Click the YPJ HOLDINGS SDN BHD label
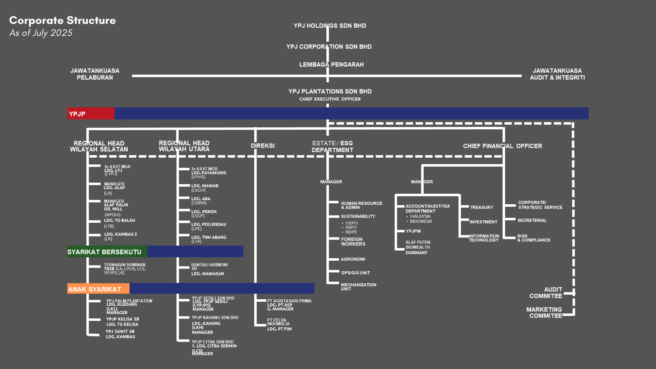click(330, 26)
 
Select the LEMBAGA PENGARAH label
click(331, 65)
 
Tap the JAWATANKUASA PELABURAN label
click(95, 74)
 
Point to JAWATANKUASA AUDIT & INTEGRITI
click(557, 74)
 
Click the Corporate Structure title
click(62, 20)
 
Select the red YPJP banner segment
click(91, 114)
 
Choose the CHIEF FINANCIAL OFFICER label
click(502, 146)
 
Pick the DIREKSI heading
click(262, 146)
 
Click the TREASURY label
click(481, 207)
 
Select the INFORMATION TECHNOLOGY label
click(484, 238)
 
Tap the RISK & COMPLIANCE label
click(533, 238)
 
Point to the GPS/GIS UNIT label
click(355, 273)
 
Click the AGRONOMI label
click(353, 259)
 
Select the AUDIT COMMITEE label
click(546, 293)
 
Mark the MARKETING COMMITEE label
click(544, 313)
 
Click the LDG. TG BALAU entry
click(120, 221)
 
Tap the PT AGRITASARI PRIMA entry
click(289, 301)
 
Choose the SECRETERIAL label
click(532, 220)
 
